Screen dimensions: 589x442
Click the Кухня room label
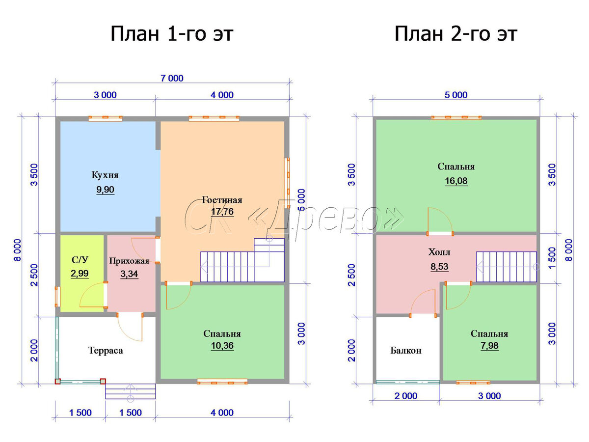[105, 175]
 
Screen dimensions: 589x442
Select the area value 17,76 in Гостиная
[222, 212]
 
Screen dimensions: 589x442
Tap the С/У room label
[80, 260]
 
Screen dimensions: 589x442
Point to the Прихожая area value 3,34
[129, 274]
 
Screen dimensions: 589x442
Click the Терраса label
[106, 351]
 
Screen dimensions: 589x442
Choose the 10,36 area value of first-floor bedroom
[222, 346]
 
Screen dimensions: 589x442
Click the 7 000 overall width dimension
[172, 79]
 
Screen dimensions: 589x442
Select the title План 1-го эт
[172, 34]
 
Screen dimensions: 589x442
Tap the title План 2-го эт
[455, 34]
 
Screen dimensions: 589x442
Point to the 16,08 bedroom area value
[456, 181]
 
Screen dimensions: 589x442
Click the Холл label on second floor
[439, 252]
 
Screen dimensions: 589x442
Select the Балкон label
[405, 351]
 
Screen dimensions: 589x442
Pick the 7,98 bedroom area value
[489, 346]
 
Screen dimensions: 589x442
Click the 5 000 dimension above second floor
[456, 95]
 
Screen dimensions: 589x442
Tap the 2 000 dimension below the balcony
[406, 396]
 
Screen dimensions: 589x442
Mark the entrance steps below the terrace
[131, 391]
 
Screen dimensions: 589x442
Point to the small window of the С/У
[57, 297]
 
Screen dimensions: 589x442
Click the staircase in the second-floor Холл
[506, 267]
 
